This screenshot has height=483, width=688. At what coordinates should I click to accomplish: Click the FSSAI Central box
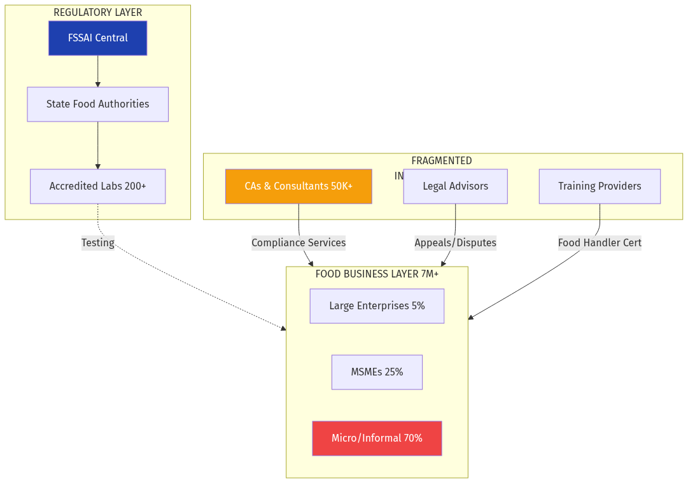click(x=97, y=38)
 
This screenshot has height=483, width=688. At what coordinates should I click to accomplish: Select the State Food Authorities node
click(x=97, y=104)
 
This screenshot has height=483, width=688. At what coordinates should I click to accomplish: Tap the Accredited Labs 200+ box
click(x=97, y=186)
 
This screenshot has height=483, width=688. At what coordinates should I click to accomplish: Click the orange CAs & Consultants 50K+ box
click(x=298, y=186)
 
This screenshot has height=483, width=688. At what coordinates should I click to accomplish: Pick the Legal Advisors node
click(x=455, y=186)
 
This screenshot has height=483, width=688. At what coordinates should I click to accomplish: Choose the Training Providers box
click(x=600, y=186)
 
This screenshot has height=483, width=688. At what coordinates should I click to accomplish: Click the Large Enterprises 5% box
click(x=377, y=306)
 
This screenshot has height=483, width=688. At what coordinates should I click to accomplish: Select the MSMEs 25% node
click(x=377, y=372)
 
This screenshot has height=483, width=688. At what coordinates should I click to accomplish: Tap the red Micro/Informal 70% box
click(x=377, y=438)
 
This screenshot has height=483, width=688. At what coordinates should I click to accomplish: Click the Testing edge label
click(x=98, y=242)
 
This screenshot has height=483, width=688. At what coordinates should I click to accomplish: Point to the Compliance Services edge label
click(x=298, y=242)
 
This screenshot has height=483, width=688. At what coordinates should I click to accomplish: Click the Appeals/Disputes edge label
click(x=455, y=242)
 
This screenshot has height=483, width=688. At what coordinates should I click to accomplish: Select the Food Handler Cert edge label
click(x=600, y=242)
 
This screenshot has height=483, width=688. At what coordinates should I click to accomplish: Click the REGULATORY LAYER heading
click(x=97, y=13)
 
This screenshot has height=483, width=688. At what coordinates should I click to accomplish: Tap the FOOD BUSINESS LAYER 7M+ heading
click(x=377, y=274)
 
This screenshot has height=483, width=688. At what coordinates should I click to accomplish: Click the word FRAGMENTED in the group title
click(x=442, y=161)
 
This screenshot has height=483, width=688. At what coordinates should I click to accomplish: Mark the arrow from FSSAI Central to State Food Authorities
click(x=97, y=71)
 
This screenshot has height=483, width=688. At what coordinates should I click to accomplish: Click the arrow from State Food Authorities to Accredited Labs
click(x=97, y=145)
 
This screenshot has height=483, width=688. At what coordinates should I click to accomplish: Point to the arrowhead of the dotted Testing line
click(x=283, y=328)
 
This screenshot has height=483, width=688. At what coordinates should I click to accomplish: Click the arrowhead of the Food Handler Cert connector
click(x=470, y=318)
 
